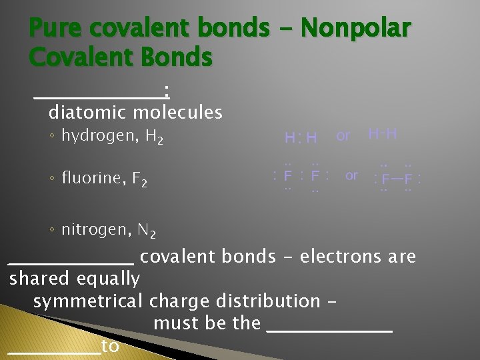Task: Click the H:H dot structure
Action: pos(301,138)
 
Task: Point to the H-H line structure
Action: pos(383,134)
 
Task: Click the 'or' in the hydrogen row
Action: pos(343,136)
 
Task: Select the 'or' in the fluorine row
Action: pos(351,175)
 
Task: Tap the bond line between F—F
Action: pos(397,179)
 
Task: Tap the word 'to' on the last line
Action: pos(111,346)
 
